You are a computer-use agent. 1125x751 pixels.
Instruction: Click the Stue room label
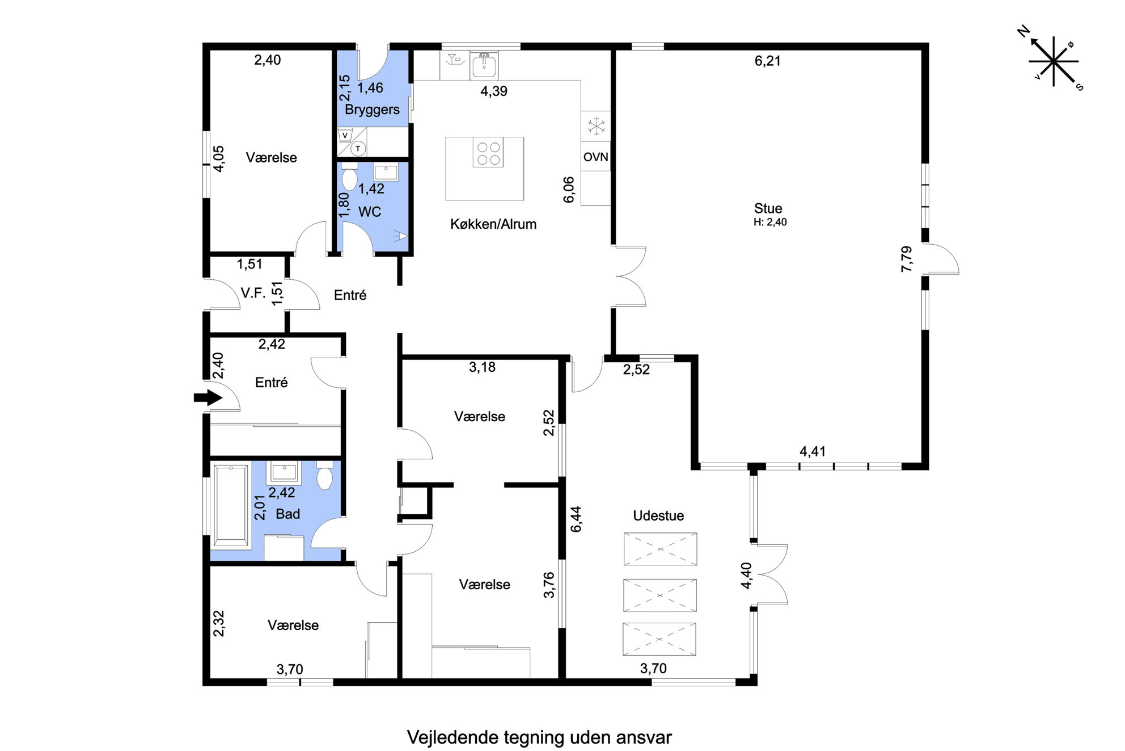768,208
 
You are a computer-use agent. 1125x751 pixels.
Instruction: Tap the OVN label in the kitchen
595,157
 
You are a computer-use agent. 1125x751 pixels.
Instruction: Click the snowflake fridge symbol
596,126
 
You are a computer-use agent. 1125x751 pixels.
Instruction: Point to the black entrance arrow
208,397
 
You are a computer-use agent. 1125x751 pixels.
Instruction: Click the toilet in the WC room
349,177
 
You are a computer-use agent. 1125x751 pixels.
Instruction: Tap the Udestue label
658,516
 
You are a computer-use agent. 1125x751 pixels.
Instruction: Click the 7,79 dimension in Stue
907,259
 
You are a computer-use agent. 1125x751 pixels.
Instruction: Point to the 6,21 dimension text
768,61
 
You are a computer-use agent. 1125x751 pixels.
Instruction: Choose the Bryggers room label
372,110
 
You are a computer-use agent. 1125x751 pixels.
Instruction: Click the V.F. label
253,293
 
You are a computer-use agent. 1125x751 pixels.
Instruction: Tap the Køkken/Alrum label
493,224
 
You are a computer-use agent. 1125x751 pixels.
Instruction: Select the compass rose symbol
1053,61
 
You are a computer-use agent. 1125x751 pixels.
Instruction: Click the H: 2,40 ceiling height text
770,223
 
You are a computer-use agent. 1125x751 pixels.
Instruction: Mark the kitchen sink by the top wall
484,65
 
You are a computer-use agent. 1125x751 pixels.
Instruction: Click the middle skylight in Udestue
660,595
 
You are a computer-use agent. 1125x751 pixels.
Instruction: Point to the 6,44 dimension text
576,519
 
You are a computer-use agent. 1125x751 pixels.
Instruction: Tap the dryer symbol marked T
358,149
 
